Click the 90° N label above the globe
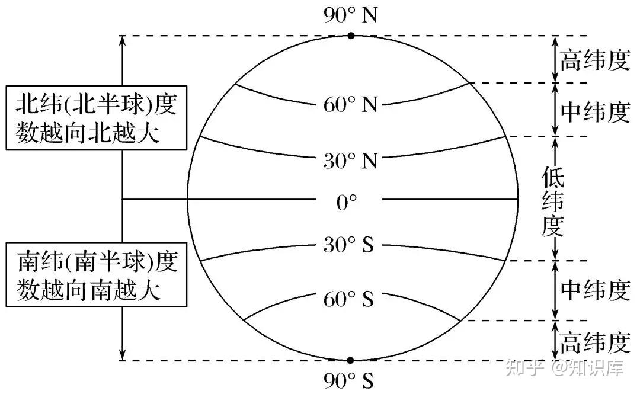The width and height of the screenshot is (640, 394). pyautogui.click(x=350, y=15)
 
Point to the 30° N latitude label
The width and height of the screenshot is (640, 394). pyautogui.click(x=350, y=160)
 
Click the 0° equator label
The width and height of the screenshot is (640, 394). pyautogui.click(x=347, y=203)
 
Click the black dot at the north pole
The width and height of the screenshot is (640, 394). pyautogui.click(x=351, y=36)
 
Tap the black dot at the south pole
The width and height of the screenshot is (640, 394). pyautogui.click(x=350, y=360)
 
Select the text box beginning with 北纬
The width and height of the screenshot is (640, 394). pyautogui.click(x=97, y=119)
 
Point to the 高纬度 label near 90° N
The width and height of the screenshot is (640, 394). pyautogui.click(x=594, y=60)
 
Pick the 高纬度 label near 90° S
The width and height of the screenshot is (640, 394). pyautogui.click(x=594, y=342)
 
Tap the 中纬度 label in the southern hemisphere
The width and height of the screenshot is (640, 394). pyautogui.click(x=594, y=290)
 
